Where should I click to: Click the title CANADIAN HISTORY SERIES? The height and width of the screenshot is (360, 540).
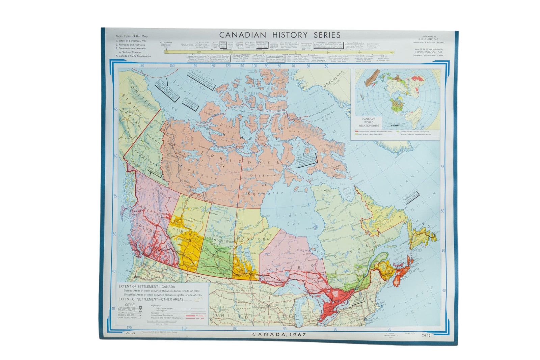click(280, 35)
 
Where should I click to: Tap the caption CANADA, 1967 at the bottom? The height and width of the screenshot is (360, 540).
click(279, 335)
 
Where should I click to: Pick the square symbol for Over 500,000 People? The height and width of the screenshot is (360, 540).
click(140, 308)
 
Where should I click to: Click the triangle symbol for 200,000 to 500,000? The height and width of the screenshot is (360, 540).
click(140, 311)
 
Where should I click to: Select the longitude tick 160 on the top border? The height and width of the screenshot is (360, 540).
click(141, 66)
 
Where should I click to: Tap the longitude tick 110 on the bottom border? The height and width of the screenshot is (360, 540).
click(184, 328)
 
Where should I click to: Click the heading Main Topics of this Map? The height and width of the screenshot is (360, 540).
click(132, 36)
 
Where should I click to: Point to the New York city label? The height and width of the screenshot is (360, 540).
click(373, 319)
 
